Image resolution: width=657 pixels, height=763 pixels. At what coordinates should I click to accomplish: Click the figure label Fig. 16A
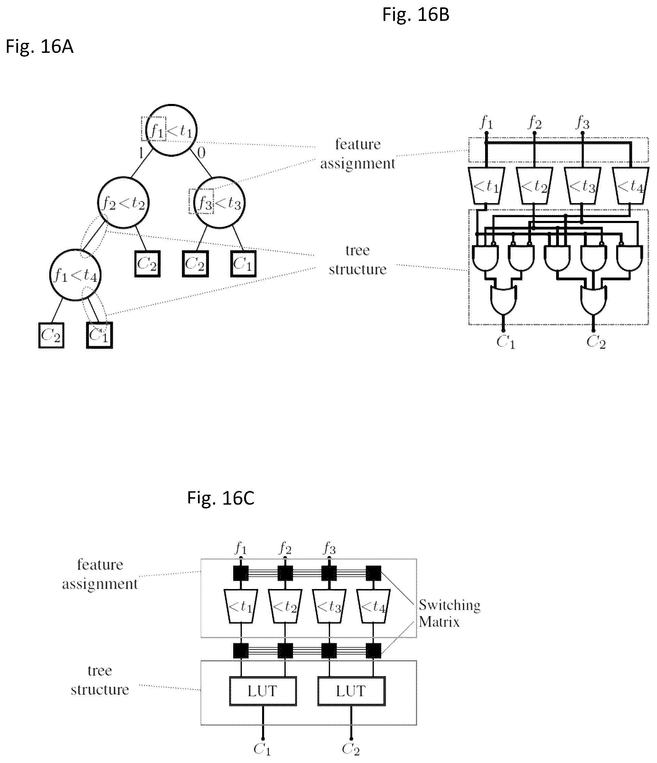(x=39, y=46)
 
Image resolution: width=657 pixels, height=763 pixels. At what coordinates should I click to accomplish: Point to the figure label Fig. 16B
(x=416, y=15)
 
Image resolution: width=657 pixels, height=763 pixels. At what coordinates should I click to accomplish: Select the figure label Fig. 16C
(x=221, y=497)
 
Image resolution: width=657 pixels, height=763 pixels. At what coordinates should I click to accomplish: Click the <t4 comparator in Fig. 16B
(x=630, y=186)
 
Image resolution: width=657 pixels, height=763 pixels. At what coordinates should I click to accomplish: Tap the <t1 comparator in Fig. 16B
(x=486, y=186)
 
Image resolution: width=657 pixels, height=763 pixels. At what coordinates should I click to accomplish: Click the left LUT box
(x=263, y=691)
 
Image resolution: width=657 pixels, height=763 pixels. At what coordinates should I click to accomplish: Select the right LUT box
(x=351, y=691)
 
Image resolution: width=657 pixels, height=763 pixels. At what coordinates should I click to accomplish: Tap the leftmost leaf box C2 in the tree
(x=51, y=335)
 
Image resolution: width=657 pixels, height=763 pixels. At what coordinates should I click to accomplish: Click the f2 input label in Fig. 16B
(x=535, y=122)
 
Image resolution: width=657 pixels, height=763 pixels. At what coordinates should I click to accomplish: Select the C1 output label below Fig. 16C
(x=262, y=749)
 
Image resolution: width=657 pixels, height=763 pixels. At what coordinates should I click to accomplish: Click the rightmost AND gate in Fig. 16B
(x=629, y=258)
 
